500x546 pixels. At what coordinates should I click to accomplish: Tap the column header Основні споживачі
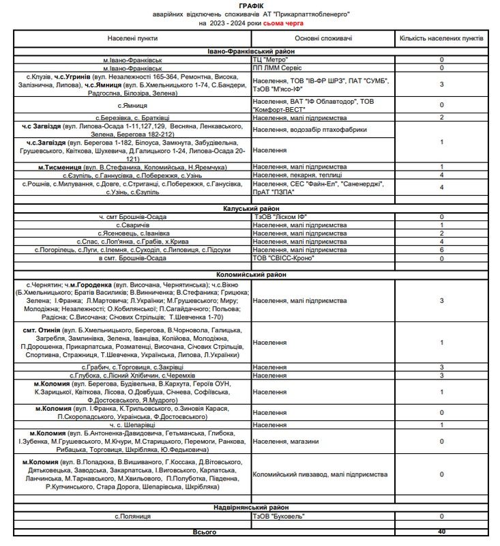tap(324, 38)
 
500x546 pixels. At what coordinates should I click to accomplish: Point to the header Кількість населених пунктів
tap(441, 38)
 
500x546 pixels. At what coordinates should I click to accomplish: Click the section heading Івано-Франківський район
tap(250, 51)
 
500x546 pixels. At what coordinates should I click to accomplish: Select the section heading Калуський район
tap(250, 208)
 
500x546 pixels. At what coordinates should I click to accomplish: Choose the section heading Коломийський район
tap(250, 274)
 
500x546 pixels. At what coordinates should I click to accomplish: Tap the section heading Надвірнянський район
tap(250, 508)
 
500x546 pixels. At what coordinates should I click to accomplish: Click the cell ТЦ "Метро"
tap(271, 60)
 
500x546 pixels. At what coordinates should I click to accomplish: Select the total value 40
tap(441, 532)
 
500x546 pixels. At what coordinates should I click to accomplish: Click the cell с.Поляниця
tap(132, 517)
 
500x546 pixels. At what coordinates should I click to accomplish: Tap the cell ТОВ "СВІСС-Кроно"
tap(284, 258)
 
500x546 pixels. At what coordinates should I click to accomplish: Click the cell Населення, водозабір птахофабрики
tap(310, 129)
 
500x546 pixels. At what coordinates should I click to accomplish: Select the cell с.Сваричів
tap(132, 225)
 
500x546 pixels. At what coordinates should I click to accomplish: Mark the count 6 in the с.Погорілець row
tap(441, 250)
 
